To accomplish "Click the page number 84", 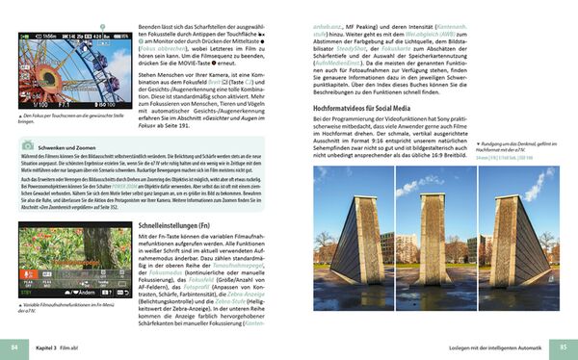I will [13, 346].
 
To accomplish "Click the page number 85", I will [564, 346].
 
